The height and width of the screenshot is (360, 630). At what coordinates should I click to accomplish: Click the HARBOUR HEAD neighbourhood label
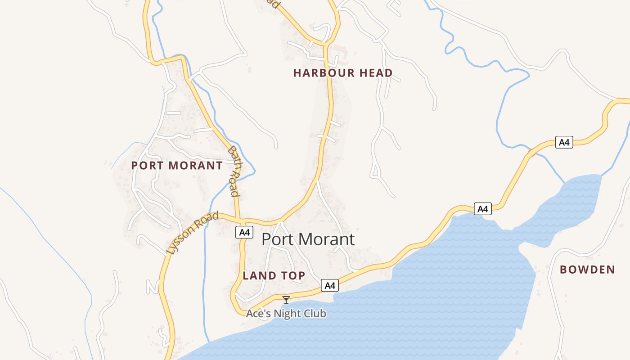pyautogui.click(x=343, y=73)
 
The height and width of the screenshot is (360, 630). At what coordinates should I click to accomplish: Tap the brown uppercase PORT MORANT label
pyautogui.click(x=177, y=166)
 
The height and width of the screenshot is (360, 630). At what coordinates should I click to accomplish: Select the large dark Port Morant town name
pyautogui.click(x=308, y=239)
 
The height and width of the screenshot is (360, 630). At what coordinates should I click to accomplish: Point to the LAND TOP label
pyautogui.click(x=274, y=275)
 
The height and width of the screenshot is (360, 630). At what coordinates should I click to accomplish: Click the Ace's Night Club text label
pyautogui.click(x=286, y=313)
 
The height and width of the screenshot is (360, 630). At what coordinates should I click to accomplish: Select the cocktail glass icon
pyautogui.click(x=286, y=300)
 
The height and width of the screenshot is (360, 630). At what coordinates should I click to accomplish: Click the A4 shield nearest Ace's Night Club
pyautogui.click(x=330, y=285)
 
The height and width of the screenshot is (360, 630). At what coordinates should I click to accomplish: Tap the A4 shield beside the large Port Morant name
pyautogui.click(x=244, y=232)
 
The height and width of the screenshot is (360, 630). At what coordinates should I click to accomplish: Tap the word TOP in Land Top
pyautogui.click(x=293, y=275)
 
